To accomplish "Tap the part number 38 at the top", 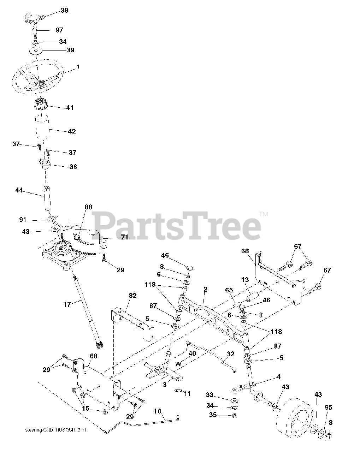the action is (64, 11).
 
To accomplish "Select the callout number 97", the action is (59, 30).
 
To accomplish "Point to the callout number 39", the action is (70, 50).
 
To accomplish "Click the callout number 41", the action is (70, 108).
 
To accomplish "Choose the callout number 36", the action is (73, 167).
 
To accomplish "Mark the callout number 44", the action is (19, 190).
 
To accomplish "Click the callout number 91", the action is (23, 220).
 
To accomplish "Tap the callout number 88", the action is (89, 207).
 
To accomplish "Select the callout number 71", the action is (124, 238).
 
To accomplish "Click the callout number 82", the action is (132, 296).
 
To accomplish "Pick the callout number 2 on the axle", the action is (205, 289).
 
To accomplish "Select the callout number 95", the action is (329, 407).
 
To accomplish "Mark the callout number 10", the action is (158, 411).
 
